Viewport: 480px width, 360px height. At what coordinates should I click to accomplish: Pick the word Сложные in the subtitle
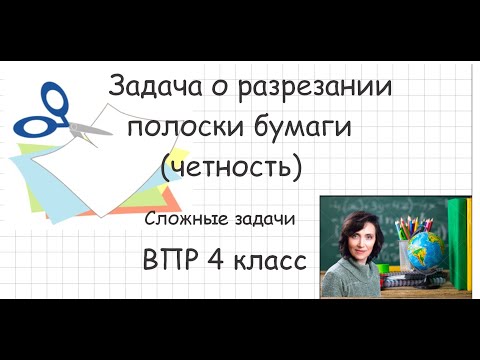click(x=185, y=217)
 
